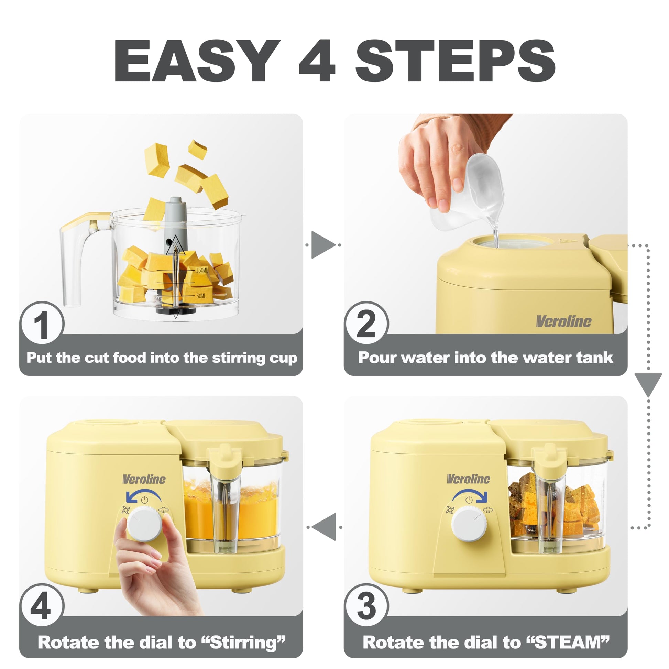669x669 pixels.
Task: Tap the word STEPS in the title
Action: click(456, 61)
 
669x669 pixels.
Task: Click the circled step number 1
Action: click(42, 323)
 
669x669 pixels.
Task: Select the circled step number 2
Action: click(366, 323)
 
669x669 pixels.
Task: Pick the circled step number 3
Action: click(366, 606)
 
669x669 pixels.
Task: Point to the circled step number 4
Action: click(42, 606)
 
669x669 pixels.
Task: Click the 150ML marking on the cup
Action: click(202, 270)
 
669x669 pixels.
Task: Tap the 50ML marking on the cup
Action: click(201, 296)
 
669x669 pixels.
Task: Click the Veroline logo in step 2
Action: click(563, 321)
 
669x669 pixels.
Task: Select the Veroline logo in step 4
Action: click(144, 479)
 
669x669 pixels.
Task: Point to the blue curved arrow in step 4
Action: click(143, 492)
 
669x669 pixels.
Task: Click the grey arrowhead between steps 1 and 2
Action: click(323, 245)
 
